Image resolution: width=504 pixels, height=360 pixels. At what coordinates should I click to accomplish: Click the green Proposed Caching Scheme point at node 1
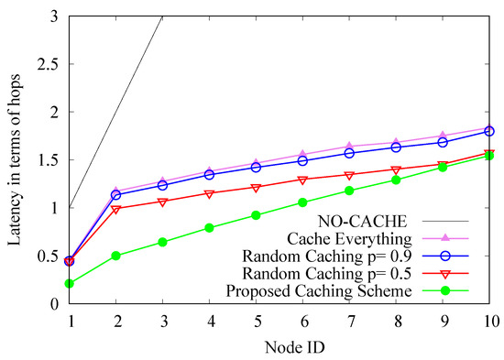pyautogui.click(x=71, y=284)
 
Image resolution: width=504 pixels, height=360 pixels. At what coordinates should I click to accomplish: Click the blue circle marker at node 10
pyautogui.click(x=488, y=131)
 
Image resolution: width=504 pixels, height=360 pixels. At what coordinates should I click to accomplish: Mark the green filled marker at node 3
pyautogui.click(x=163, y=243)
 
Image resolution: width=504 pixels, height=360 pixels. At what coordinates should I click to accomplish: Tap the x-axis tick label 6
pyautogui.click(x=302, y=321)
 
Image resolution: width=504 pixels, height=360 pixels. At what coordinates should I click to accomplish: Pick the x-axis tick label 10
pyautogui.click(x=488, y=321)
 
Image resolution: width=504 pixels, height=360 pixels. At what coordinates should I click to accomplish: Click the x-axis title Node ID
pyautogui.click(x=279, y=346)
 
